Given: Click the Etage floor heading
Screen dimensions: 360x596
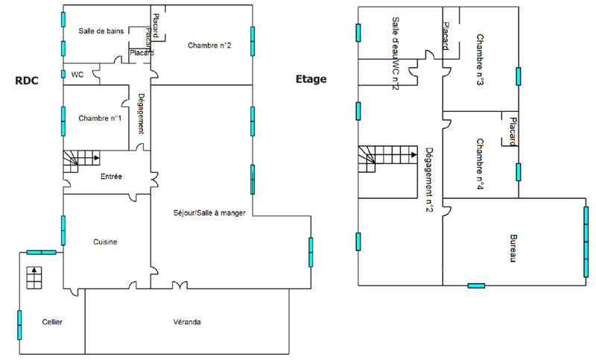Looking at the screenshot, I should (311, 78).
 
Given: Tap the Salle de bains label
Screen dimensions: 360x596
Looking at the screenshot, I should (101, 31).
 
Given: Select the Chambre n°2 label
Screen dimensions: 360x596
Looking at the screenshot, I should (209, 45).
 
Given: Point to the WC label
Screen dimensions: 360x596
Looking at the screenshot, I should (77, 75).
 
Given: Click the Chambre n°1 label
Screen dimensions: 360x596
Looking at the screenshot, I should (99, 118).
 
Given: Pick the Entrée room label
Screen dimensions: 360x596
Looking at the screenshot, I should (111, 176).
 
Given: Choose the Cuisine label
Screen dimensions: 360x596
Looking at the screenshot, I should (105, 241).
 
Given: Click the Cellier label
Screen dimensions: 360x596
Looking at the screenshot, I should (52, 321).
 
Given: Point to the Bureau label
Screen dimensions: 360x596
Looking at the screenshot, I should (513, 248).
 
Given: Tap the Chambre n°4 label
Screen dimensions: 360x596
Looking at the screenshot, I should (481, 164).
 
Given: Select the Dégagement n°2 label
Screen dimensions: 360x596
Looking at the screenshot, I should (428, 179).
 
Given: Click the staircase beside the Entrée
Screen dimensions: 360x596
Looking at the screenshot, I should (80, 160).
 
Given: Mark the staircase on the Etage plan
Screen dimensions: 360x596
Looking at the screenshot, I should (386, 158).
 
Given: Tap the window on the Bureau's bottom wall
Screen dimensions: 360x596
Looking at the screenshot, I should (476, 285).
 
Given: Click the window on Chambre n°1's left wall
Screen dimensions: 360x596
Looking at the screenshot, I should (63, 119).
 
